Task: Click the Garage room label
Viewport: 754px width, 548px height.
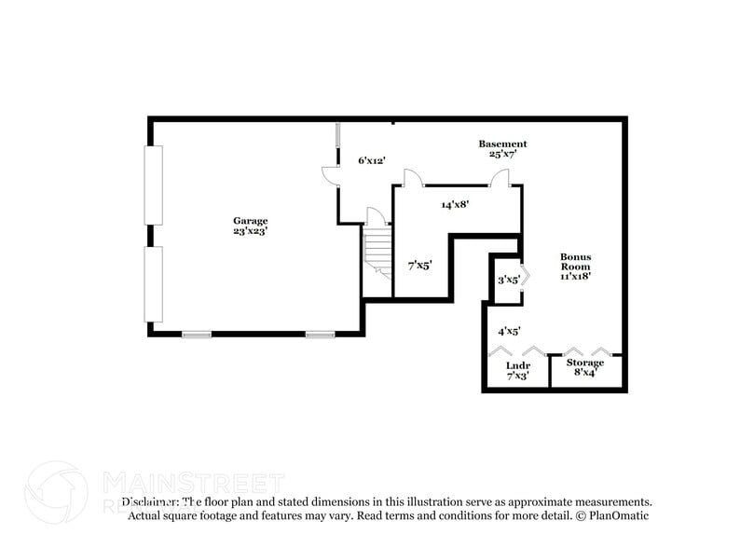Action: (x=250, y=221)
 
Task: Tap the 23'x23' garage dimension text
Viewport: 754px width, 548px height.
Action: (x=250, y=231)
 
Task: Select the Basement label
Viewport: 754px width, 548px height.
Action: (x=502, y=144)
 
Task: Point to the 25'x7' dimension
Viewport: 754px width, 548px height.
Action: (x=502, y=154)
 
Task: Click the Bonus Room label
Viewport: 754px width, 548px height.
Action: (x=575, y=261)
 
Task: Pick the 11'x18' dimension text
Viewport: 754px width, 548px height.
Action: (x=575, y=276)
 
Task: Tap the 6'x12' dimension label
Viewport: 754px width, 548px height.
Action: (x=373, y=160)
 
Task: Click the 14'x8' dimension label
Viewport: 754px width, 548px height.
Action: (x=454, y=203)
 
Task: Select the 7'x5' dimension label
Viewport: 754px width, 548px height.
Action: (x=419, y=266)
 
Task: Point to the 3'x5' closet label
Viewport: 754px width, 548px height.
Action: (x=507, y=279)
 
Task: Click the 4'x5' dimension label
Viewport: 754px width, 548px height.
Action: (x=508, y=330)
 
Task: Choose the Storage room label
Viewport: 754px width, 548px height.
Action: (x=584, y=363)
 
